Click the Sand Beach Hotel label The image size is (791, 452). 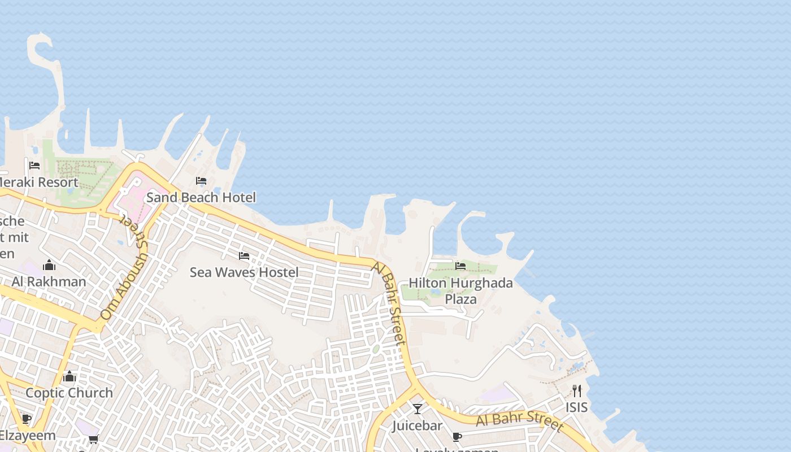point(201,197)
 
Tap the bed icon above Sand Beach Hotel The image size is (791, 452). point(201,181)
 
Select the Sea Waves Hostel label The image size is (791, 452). point(244,272)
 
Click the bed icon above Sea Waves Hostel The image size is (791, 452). point(244,256)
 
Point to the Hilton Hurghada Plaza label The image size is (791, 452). point(460,290)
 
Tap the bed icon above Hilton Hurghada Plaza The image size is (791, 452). point(460,266)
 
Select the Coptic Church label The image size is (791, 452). point(69,393)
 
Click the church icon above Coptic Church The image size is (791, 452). point(69,376)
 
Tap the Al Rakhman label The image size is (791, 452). point(49,281)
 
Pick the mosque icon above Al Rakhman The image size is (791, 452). point(49,265)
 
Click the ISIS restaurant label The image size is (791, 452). point(576,407)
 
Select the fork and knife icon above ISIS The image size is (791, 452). point(576,390)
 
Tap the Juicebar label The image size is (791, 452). point(418,425)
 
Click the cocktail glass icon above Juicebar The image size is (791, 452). point(418,408)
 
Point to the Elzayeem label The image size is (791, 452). point(27,436)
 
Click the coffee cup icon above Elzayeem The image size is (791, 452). point(26,419)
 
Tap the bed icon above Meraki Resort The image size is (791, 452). point(34,166)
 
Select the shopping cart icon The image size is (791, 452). point(93,439)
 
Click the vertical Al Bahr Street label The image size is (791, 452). point(389,303)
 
